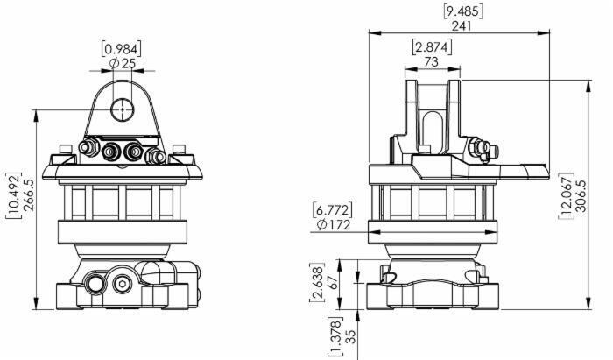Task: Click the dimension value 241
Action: (462, 25)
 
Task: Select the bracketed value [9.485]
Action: (463, 11)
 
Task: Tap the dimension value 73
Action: (431, 62)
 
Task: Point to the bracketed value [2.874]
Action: (432, 47)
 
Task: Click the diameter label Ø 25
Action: (122, 63)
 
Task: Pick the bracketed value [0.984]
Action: (122, 49)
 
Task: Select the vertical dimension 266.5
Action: (29, 195)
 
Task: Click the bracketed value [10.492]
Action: (15, 195)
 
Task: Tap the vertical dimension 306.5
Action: (581, 195)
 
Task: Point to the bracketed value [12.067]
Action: (567, 195)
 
